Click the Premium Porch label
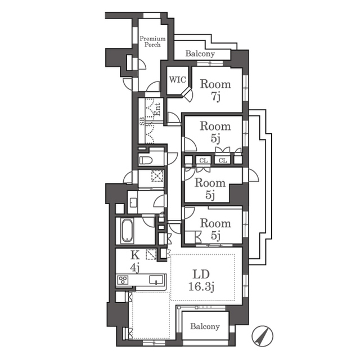pyautogui.click(x=152, y=42)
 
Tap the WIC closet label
pyautogui.click(x=178, y=80)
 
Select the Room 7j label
pyautogui.click(x=215, y=90)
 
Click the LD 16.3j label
pyautogui.click(x=201, y=281)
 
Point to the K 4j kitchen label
pyautogui.click(x=135, y=262)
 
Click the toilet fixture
pyautogui.click(x=146, y=160)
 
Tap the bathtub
pyautogui.click(x=127, y=231)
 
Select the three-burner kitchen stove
pyautogui.click(x=123, y=280)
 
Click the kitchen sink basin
pyautogui.click(x=156, y=280)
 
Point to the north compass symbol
pyautogui.click(x=262, y=336)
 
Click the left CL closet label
pyautogui.click(x=204, y=160)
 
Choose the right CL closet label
pyautogui.click(x=223, y=160)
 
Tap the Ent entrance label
pyautogui.click(x=157, y=109)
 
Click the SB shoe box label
pyautogui.click(x=142, y=121)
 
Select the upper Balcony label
pyautogui.click(x=200, y=54)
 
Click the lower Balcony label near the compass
pyautogui.click(x=205, y=326)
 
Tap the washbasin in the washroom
pyautogui.click(x=133, y=202)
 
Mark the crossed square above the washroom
pyautogui.click(x=157, y=175)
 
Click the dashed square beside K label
pyautogui.click(x=151, y=254)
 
